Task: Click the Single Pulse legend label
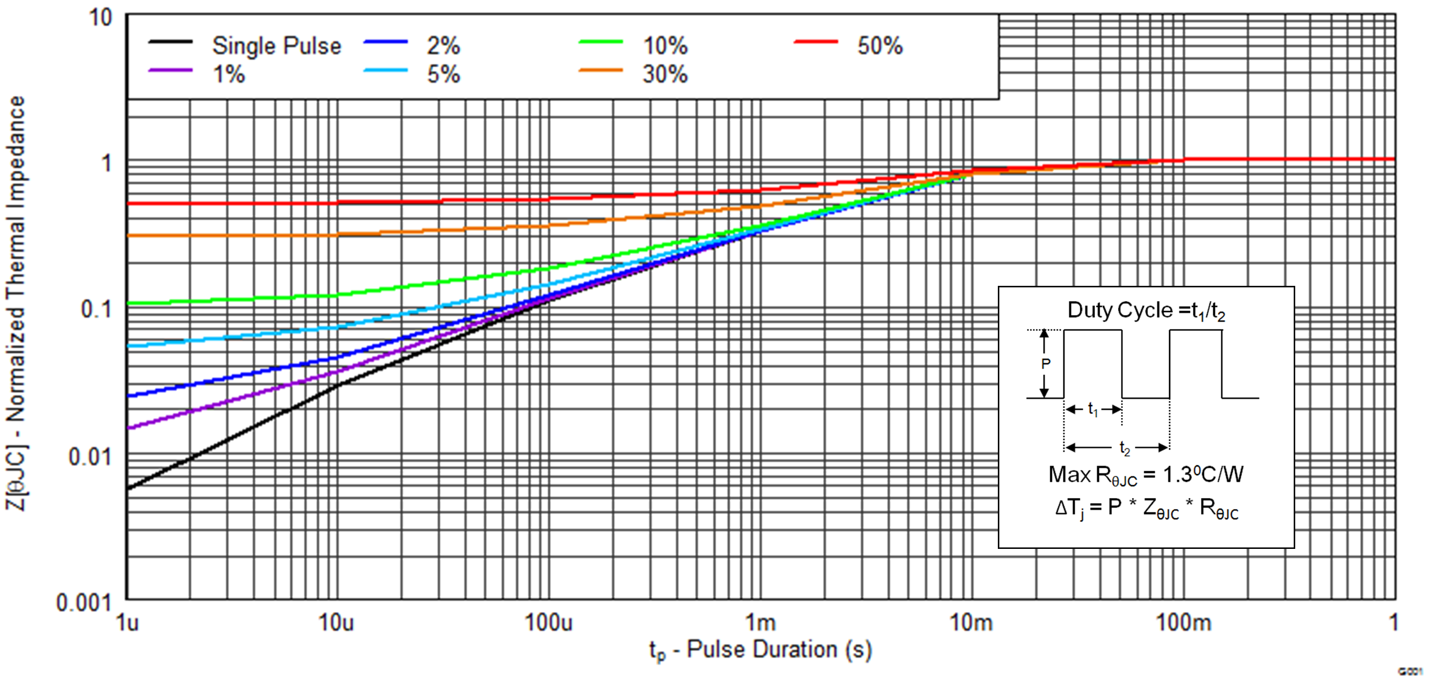pos(276,46)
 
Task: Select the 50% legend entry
pos(879,46)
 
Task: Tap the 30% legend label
pos(665,74)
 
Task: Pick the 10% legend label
pos(665,46)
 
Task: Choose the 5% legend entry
pos(443,74)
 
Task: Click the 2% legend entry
pos(443,46)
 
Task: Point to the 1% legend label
pos(228,74)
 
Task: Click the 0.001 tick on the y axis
pos(84,602)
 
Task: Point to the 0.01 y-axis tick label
pos(89,457)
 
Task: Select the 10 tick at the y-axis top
pos(100,18)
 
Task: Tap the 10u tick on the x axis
pos(336,623)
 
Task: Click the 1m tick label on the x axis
pos(760,623)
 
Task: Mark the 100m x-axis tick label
pos(1184,623)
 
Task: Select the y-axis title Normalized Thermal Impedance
pos(16,304)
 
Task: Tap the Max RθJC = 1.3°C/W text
pos(1146,475)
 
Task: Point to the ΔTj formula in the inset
pos(1146,509)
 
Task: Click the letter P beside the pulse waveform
pos(1046,364)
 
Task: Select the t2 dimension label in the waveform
pos(1124,448)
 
